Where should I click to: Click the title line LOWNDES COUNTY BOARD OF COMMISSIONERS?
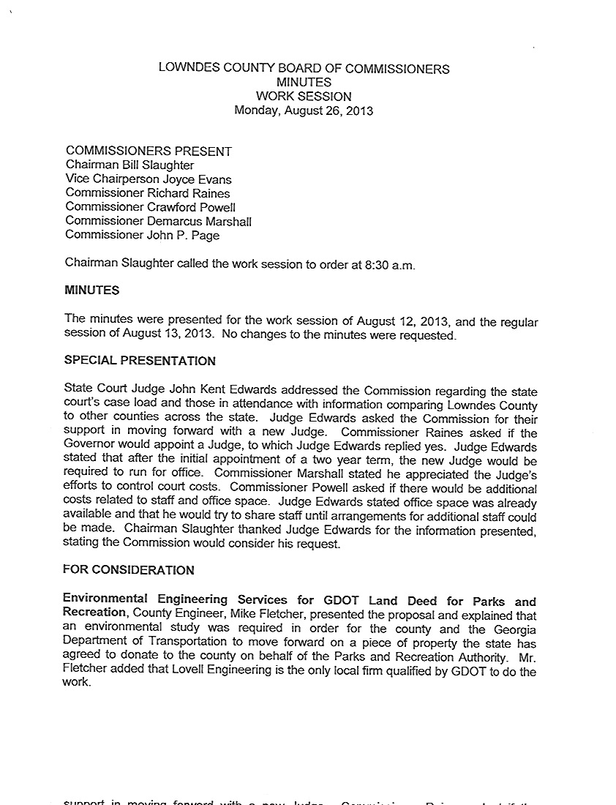pos(304,70)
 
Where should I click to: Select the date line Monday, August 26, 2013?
pos(304,111)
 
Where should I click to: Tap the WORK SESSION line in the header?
pos(304,97)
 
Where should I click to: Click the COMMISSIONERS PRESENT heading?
pos(149,151)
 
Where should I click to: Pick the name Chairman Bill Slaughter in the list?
pos(129,165)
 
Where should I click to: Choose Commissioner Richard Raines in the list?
pos(147,193)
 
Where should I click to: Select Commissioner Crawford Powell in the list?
pos(150,207)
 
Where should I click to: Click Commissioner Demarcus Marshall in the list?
pos(158,221)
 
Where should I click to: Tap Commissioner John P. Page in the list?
pos(142,235)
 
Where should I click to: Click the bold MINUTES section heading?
pos(92,291)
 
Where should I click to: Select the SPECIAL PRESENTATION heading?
pos(140,361)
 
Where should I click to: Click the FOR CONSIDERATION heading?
pos(129,570)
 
